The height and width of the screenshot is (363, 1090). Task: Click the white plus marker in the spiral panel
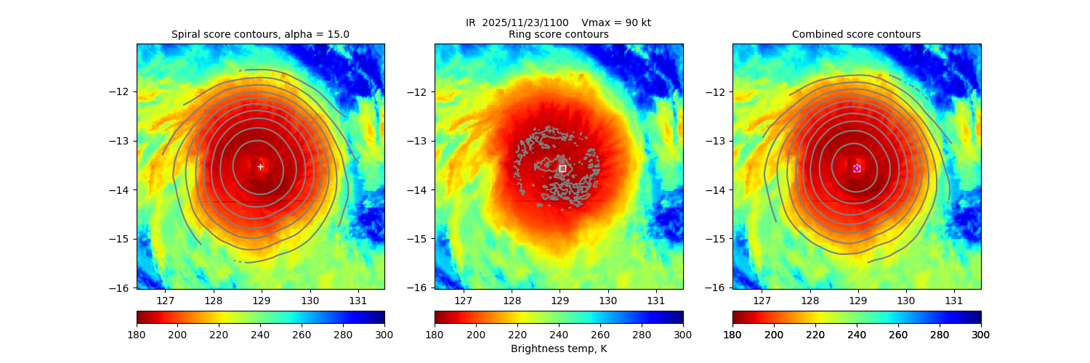point(260,166)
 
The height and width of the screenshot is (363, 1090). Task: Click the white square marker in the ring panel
point(562,168)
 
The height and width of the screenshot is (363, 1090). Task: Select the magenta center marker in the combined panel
point(857,168)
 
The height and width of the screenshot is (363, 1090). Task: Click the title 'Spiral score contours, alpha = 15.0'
point(260,34)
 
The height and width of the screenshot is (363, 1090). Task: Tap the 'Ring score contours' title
point(558,34)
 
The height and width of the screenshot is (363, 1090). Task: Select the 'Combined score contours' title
point(856,34)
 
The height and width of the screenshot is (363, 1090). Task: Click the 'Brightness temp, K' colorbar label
point(558,348)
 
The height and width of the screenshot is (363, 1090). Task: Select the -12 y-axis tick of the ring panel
point(419,92)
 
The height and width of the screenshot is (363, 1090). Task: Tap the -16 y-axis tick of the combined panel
point(717,287)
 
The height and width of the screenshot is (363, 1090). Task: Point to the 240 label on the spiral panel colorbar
point(260,334)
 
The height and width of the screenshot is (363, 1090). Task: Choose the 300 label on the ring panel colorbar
point(682,334)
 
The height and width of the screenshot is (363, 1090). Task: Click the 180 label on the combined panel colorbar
point(732,334)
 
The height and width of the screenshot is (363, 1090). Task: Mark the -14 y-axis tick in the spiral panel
point(121,190)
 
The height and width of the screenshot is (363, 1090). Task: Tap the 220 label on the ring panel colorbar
point(517,334)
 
